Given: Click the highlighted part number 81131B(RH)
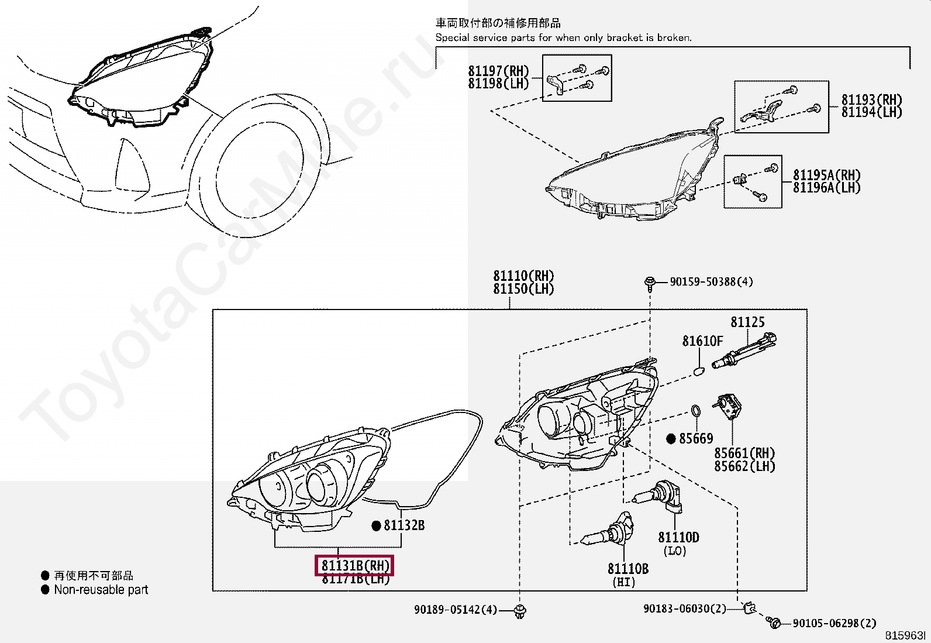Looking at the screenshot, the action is (x=355, y=566).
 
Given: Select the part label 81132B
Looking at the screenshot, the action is (x=404, y=525).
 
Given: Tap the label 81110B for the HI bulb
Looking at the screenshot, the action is (x=628, y=569).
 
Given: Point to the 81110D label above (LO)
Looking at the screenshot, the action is (x=678, y=537).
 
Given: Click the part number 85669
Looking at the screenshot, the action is (x=696, y=438).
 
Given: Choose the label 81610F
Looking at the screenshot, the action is (x=702, y=341).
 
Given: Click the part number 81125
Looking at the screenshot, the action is (x=747, y=322).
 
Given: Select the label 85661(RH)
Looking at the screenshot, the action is (x=744, y=453).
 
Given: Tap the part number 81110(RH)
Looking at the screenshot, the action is (x=523, y=276).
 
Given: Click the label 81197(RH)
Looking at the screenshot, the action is (x=498, y=71).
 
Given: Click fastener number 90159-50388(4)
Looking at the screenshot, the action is (x=711, y=282).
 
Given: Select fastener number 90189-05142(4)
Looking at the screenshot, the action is (x=456, y=610).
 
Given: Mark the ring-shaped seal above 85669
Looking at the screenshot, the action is (x=695, y=411).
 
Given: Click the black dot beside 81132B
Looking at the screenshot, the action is (x=377, y=526).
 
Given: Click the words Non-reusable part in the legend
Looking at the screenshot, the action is (x=101, y=590).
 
